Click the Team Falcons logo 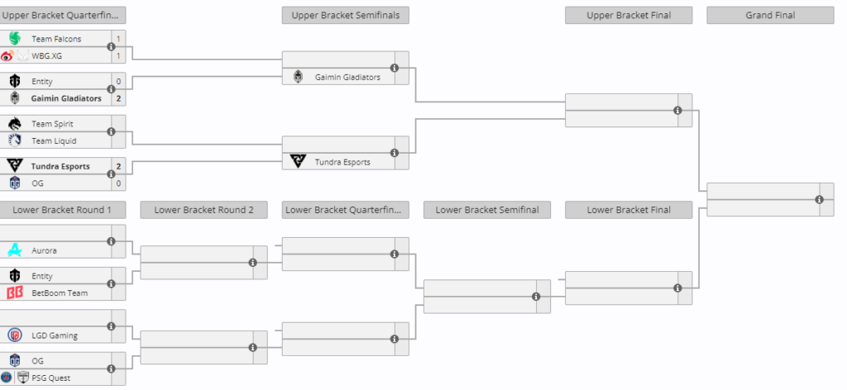[x=15, y=38]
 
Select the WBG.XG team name [x=47, y=55]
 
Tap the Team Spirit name [x=52, y=124]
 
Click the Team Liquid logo [x=15, y=140]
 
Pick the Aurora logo [x=15, y=250]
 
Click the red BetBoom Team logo [x=15, y=292]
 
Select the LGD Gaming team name [x=55, y=335]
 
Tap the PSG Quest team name [x=50, y=378]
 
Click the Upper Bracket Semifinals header [x=346, y=15]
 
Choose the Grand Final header [x=770, y=15]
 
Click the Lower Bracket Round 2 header [x=203, y=210]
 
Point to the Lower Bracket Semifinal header [x=487, y=210]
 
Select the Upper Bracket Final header [x=629, y=15]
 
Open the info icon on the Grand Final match [x=820, y=200]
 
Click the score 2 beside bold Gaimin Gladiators [x=118, y=98]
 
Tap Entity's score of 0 [x=118, y=82]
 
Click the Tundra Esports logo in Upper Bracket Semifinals [x=298, y=161]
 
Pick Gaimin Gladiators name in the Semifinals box [x=348, y=77]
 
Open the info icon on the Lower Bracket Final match [x=678, y=288]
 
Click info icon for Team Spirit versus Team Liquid [x=112, y=131]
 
